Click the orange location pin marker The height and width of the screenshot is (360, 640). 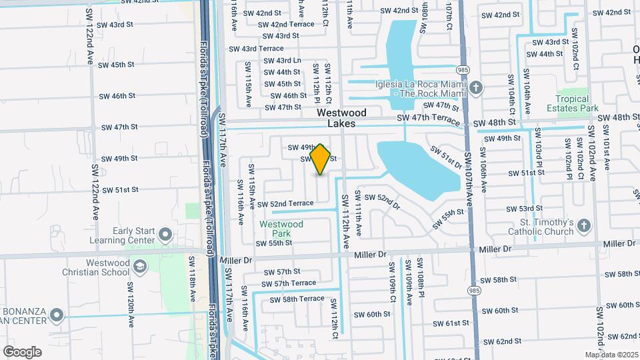point(321,159)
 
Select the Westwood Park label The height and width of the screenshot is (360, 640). point(281,229)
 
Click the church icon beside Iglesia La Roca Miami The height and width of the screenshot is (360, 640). point(476,88)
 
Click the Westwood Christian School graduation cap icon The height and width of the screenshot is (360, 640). point(140,267)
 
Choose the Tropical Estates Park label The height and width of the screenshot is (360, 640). point(569,103)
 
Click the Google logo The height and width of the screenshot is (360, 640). point(22,351)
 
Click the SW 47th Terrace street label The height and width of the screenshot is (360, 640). point(428,119)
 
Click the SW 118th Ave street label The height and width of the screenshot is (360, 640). point(192,273)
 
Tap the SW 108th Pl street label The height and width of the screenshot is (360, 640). point(421,276)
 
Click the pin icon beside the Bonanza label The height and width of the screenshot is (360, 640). point(57,315)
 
